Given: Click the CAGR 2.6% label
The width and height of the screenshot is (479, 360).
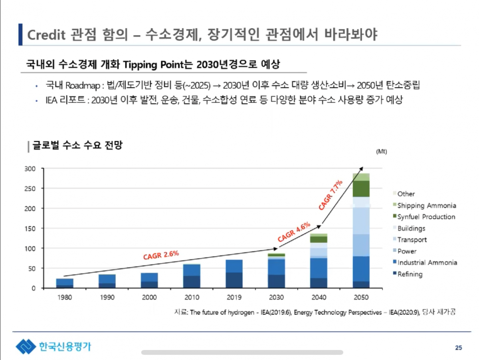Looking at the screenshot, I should point(161,255).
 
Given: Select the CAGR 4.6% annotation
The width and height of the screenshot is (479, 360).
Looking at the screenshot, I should point(294,232).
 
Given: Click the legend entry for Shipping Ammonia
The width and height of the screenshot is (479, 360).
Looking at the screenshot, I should point(426,206).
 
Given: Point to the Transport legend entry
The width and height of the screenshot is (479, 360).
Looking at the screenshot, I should point(412,240).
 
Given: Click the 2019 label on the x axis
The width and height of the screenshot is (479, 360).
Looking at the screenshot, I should point(234,297).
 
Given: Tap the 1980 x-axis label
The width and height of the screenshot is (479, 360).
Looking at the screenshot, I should point(64,297).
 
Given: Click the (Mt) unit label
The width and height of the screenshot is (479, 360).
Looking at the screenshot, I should point(381,152).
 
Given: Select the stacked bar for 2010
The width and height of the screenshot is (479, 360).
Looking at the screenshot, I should point(192,276).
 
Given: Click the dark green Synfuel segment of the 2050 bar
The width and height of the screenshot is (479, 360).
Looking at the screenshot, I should point(361,189).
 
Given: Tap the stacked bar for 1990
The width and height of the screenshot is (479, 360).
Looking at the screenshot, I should point(107,281).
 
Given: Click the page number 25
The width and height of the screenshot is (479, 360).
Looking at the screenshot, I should point(458,348).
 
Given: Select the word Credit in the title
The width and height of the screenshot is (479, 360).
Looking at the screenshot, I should point(46,35).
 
